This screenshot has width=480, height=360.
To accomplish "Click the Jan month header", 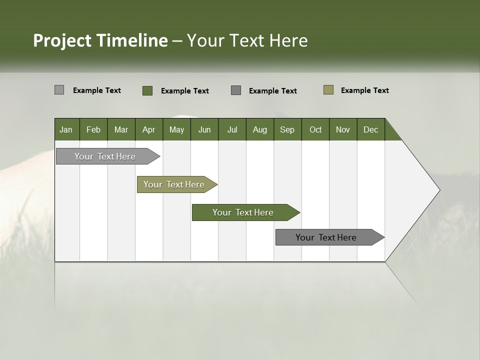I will coord(66,129).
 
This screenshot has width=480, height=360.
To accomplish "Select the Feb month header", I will coord(93,129).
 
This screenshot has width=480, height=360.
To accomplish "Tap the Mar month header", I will coord(121,129).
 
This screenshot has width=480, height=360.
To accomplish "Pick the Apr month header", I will coord(149,129).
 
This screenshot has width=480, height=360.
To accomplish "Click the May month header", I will coord(176,129).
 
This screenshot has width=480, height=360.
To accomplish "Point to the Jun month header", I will coord(204,129).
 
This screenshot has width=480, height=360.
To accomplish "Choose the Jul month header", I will coord(232,129).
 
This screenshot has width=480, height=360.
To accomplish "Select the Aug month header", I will coord(260,129).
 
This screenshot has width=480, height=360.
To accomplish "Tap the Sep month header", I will coord(287,129).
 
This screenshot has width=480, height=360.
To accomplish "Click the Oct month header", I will coord(315,129).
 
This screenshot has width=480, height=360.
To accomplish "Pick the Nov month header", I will coord(343,129).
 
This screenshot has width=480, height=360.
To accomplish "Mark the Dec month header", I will coord(371,129).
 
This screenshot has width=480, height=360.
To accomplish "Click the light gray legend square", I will coord(59,90).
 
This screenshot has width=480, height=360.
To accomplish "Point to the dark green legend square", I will coord(147,90).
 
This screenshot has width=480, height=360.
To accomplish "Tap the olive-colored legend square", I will coord(328,90).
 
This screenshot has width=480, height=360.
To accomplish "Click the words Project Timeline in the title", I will coord(100,40).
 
